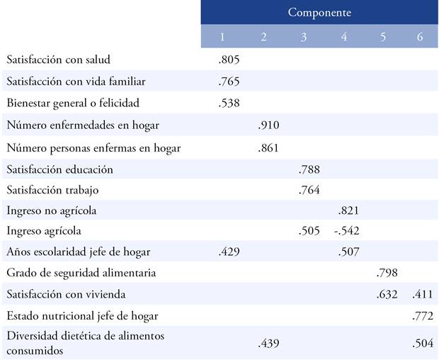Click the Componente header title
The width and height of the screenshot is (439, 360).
pos(319,12)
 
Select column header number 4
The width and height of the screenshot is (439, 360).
pos(344,37)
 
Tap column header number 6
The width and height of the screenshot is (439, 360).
pos(420,37)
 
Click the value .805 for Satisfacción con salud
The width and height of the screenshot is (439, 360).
pos(229,60)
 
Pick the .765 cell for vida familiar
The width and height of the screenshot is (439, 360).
pos(229,81)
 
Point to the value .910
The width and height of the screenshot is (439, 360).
pos(269,125)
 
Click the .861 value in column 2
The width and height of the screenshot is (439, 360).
pos(269,148)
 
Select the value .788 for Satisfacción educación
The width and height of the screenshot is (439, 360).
pos(308,169)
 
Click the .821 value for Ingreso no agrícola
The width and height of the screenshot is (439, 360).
pos(349,210)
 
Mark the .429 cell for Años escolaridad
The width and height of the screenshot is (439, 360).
pos(229,252)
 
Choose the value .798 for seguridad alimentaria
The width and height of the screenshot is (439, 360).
pos(387,273)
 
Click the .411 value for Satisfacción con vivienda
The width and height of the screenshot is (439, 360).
pos(423,294)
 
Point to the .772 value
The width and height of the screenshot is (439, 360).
pos(423,316)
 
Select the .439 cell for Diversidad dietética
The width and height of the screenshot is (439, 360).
pos(269,343)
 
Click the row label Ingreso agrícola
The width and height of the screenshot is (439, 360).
pos(44,231)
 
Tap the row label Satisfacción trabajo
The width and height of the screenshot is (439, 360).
pos(52,190)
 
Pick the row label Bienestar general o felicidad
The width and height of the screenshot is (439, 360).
pos(74,103)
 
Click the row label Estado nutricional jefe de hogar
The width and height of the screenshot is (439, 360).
pos(82,316)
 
